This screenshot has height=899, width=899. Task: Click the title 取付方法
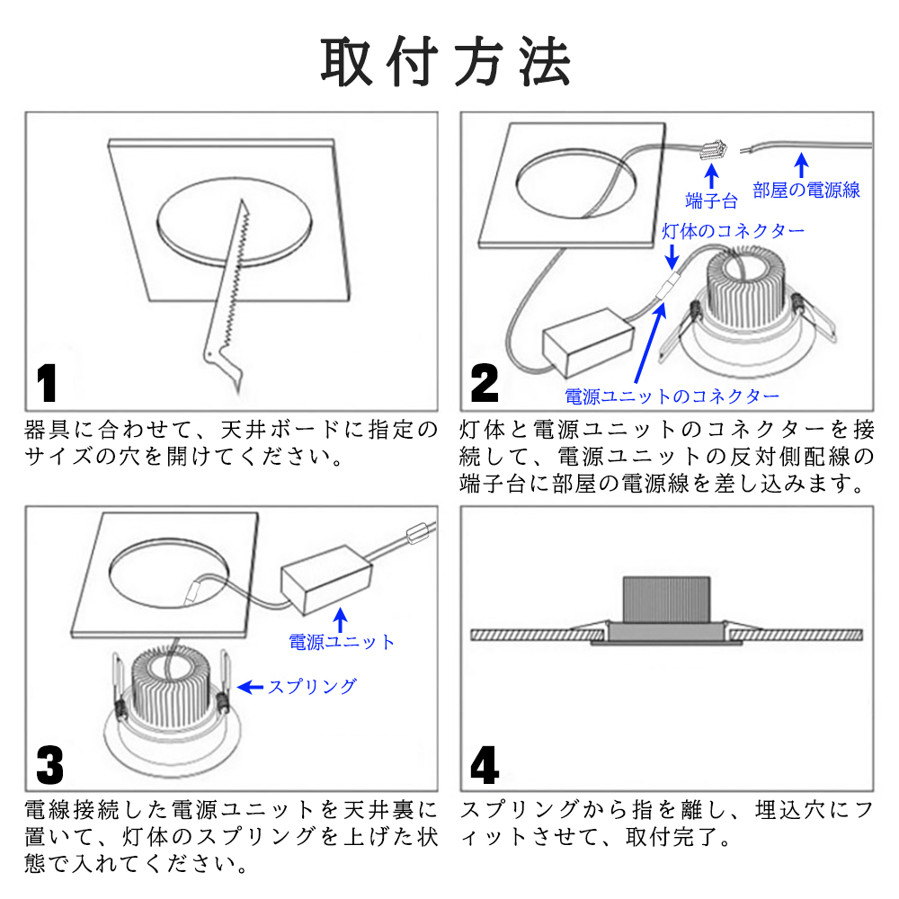pyautogui.click(x=447, y=62)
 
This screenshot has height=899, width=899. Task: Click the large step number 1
pyautogui.click(x=47, y=384)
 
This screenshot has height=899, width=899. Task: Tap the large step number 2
pyautogui.click(x=485, y=384)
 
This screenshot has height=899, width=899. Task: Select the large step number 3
pyautogui.click(x=50, y=766)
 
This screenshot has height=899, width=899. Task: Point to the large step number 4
pyautogui.click(x=485, y=767)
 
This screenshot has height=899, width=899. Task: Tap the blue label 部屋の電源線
pyautogui.click(x=806, y=190)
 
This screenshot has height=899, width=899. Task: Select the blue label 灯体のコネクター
pyautogui.click(x=734, y=231)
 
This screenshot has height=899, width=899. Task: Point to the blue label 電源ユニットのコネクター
pyautogui.click(x=672, y=396)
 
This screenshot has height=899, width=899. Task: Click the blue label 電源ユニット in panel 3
pyautogui.click(x=342, y=642)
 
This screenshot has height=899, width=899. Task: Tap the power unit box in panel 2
pyautogui.click(x=586, y=345)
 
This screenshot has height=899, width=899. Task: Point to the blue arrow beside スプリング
pyautogui.click(x=249, y=688)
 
